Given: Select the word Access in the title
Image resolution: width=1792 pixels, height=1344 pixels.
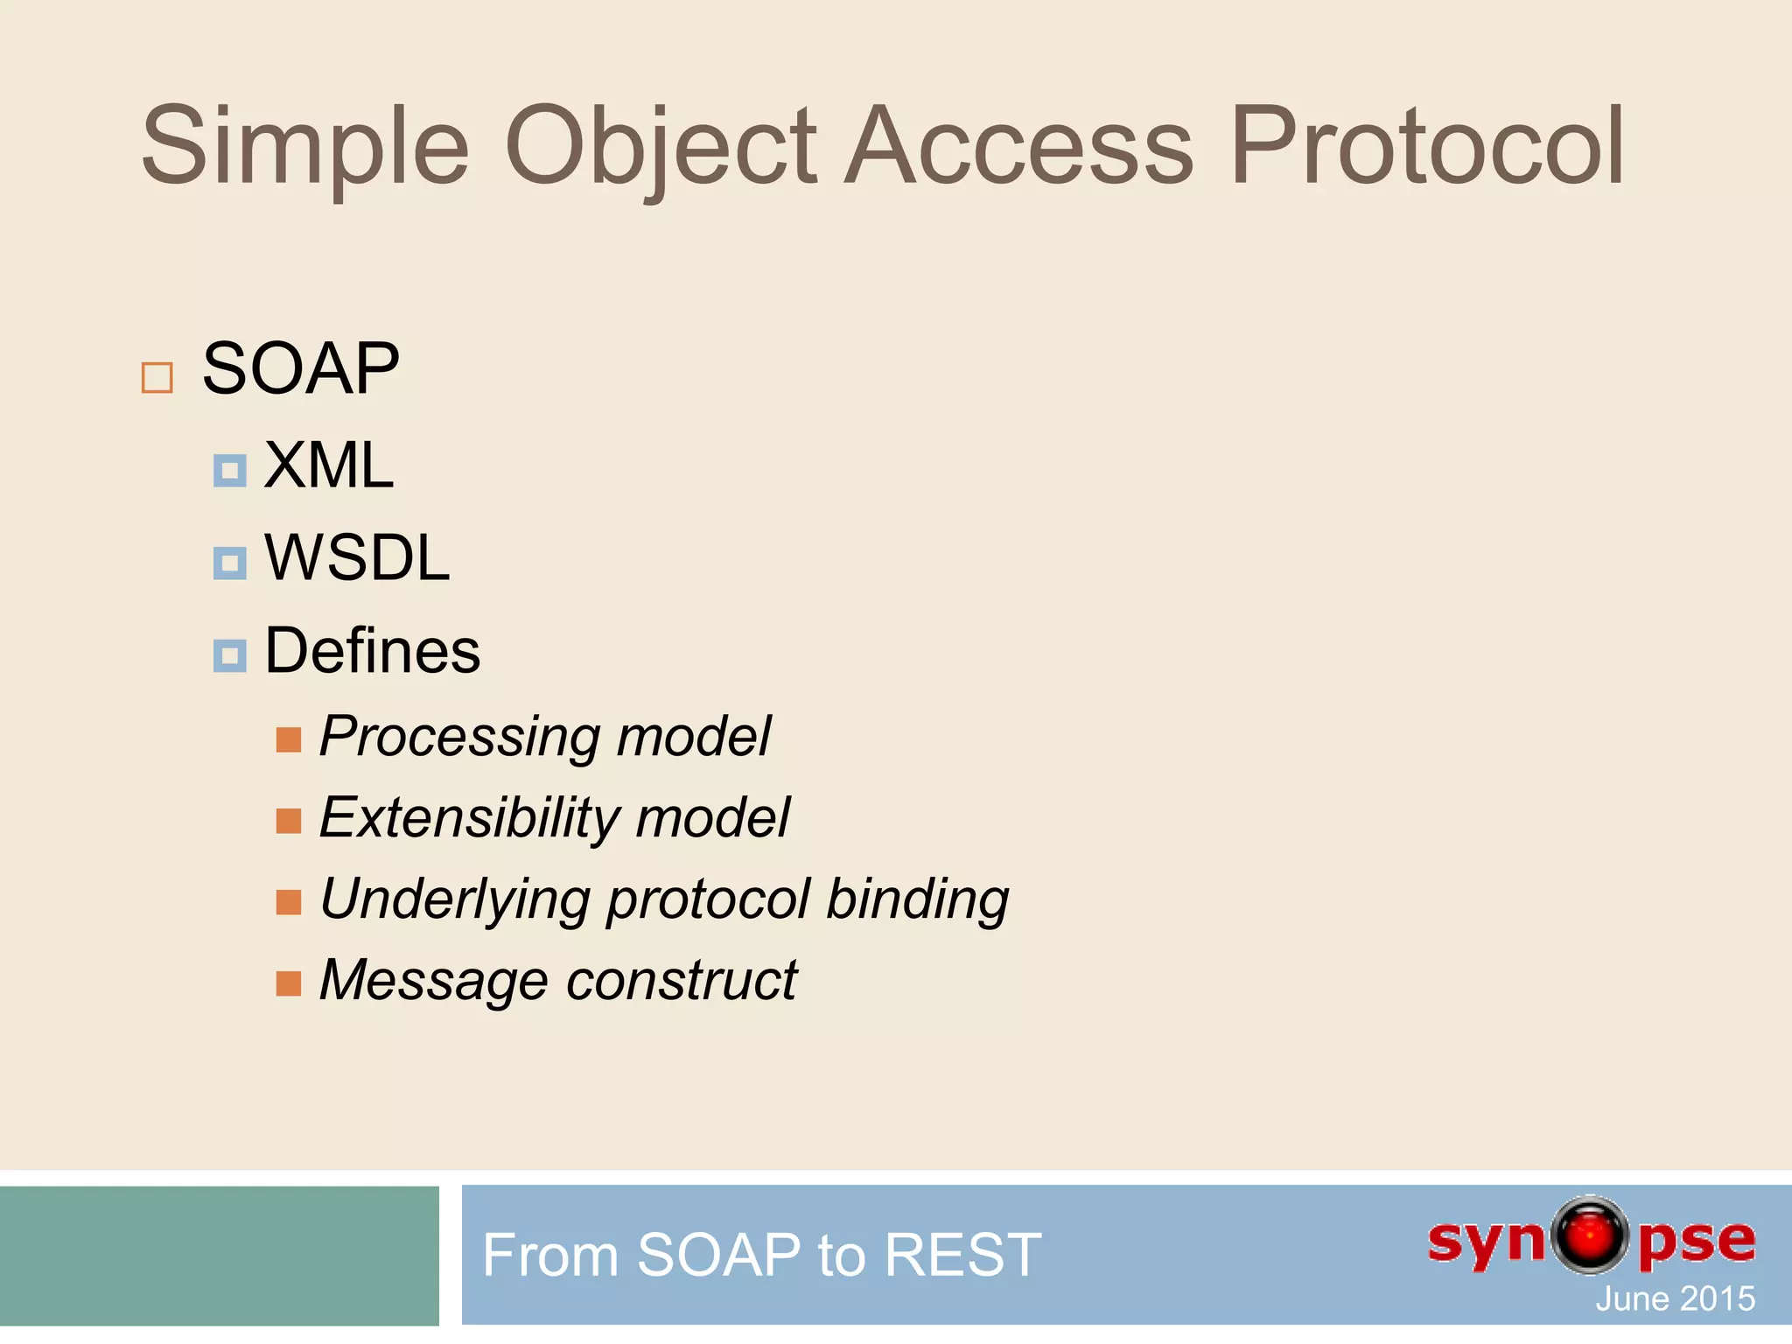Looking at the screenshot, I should (1019, 147).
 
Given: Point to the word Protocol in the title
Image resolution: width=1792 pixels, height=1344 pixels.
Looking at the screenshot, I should (1426, 147).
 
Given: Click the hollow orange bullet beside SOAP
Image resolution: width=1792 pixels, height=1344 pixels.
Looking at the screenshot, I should (157, 378).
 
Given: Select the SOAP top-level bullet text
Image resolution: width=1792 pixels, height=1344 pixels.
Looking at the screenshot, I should (300, 369).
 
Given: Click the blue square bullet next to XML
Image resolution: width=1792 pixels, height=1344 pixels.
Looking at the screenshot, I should (229, 471).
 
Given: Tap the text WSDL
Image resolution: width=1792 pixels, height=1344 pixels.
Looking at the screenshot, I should (357, 558).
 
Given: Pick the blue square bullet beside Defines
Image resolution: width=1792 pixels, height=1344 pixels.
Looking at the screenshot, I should (229, 655).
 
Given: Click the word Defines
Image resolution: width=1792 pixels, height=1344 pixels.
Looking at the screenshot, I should (373, 652).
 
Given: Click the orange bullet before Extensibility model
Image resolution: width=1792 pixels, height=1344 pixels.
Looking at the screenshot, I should (288, 821).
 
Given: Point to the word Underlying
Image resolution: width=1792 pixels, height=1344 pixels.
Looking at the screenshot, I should (455, 900).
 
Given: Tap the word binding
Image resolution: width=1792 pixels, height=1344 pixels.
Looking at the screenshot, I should (917, 899).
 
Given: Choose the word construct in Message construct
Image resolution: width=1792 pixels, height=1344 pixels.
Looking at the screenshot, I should (682, 980).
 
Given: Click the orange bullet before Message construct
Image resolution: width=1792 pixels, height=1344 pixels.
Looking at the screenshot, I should (288, 983).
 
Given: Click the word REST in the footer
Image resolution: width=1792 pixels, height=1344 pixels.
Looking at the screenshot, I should (962, 1256).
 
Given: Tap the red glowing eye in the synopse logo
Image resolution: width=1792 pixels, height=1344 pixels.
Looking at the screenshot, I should (1590, 1235).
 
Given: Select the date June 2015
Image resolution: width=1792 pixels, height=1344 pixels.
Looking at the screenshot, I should (1675, 1298).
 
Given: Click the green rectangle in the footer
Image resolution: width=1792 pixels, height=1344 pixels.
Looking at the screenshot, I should (219, 1256).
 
